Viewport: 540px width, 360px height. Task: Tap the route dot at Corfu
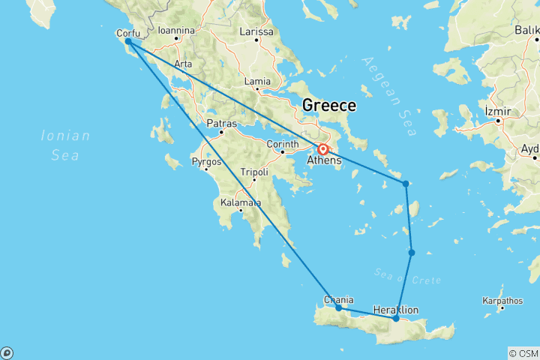click(128, 42)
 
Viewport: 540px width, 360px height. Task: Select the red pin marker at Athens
click(322, 148)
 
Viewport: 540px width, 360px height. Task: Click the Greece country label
click(328, 106)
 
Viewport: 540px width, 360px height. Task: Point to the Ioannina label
click(176, 31)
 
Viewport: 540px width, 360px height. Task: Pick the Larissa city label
click(256, 32)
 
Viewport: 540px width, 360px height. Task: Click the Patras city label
click(221, 124)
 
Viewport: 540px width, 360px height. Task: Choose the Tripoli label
click(254, 172)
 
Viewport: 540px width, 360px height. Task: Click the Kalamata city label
click(240, 202)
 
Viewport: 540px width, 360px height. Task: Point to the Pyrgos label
click(206, 161)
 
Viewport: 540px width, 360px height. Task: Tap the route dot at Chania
click(339, 307)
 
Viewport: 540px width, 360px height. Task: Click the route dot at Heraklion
click(396, 319)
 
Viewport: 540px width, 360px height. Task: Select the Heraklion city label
click(395, 310)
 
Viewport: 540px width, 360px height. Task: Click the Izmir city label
click(498, 112)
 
